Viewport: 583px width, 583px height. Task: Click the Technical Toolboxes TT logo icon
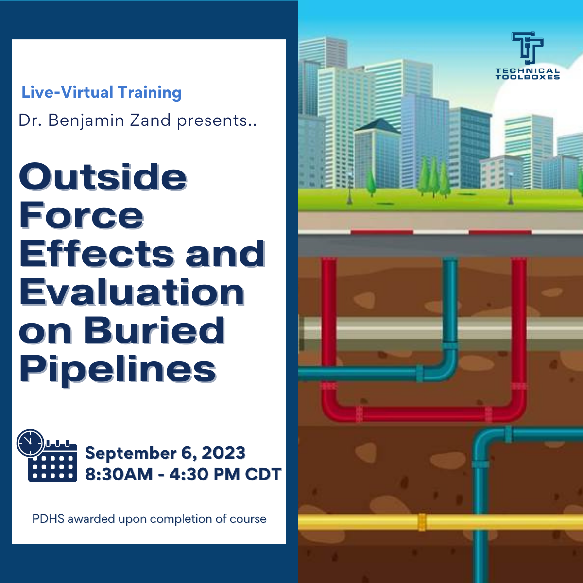(x=527, y=48)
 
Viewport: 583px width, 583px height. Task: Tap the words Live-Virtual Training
(x=102, y=92)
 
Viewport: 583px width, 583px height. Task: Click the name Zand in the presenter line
(x=150, y=120)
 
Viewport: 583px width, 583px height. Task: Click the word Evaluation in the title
(x=132, y=292)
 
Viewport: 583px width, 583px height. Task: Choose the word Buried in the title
(x=154, y=331)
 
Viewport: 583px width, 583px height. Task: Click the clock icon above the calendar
(x=30, y=443)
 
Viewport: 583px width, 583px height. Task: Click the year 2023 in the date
(x=223, y=453)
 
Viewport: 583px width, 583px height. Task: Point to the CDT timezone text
(x=263, y=474)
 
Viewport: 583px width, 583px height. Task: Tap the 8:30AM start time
(x=119, y=474)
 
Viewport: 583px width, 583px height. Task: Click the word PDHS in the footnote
(x=48, y=519)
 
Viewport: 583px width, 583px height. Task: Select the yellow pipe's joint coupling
(x=422, y=522)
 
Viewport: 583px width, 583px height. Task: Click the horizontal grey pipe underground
(x=389, y=333)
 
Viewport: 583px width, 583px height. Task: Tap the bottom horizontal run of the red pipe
(x=423, y=414)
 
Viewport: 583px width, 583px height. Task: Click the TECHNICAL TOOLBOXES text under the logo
(x=527, y=74)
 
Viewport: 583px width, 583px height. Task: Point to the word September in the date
(x=131, y=453)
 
